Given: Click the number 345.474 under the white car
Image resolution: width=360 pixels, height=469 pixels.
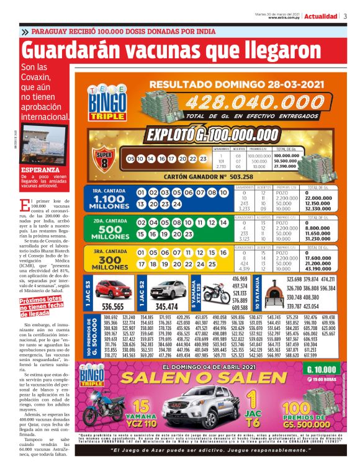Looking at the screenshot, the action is [x=166, y=306].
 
